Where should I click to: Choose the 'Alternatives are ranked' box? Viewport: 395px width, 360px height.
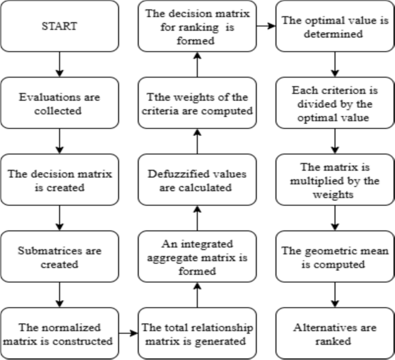coord(335,334)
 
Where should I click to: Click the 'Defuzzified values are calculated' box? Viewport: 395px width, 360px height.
coord(197,181)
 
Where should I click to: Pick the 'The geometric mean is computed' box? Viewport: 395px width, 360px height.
coord(335,258)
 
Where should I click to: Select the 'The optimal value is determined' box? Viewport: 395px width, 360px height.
coord(335,26)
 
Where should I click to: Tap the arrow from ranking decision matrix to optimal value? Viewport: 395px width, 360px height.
coord(266,26)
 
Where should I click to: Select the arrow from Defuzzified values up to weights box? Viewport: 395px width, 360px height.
coord(197,142)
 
